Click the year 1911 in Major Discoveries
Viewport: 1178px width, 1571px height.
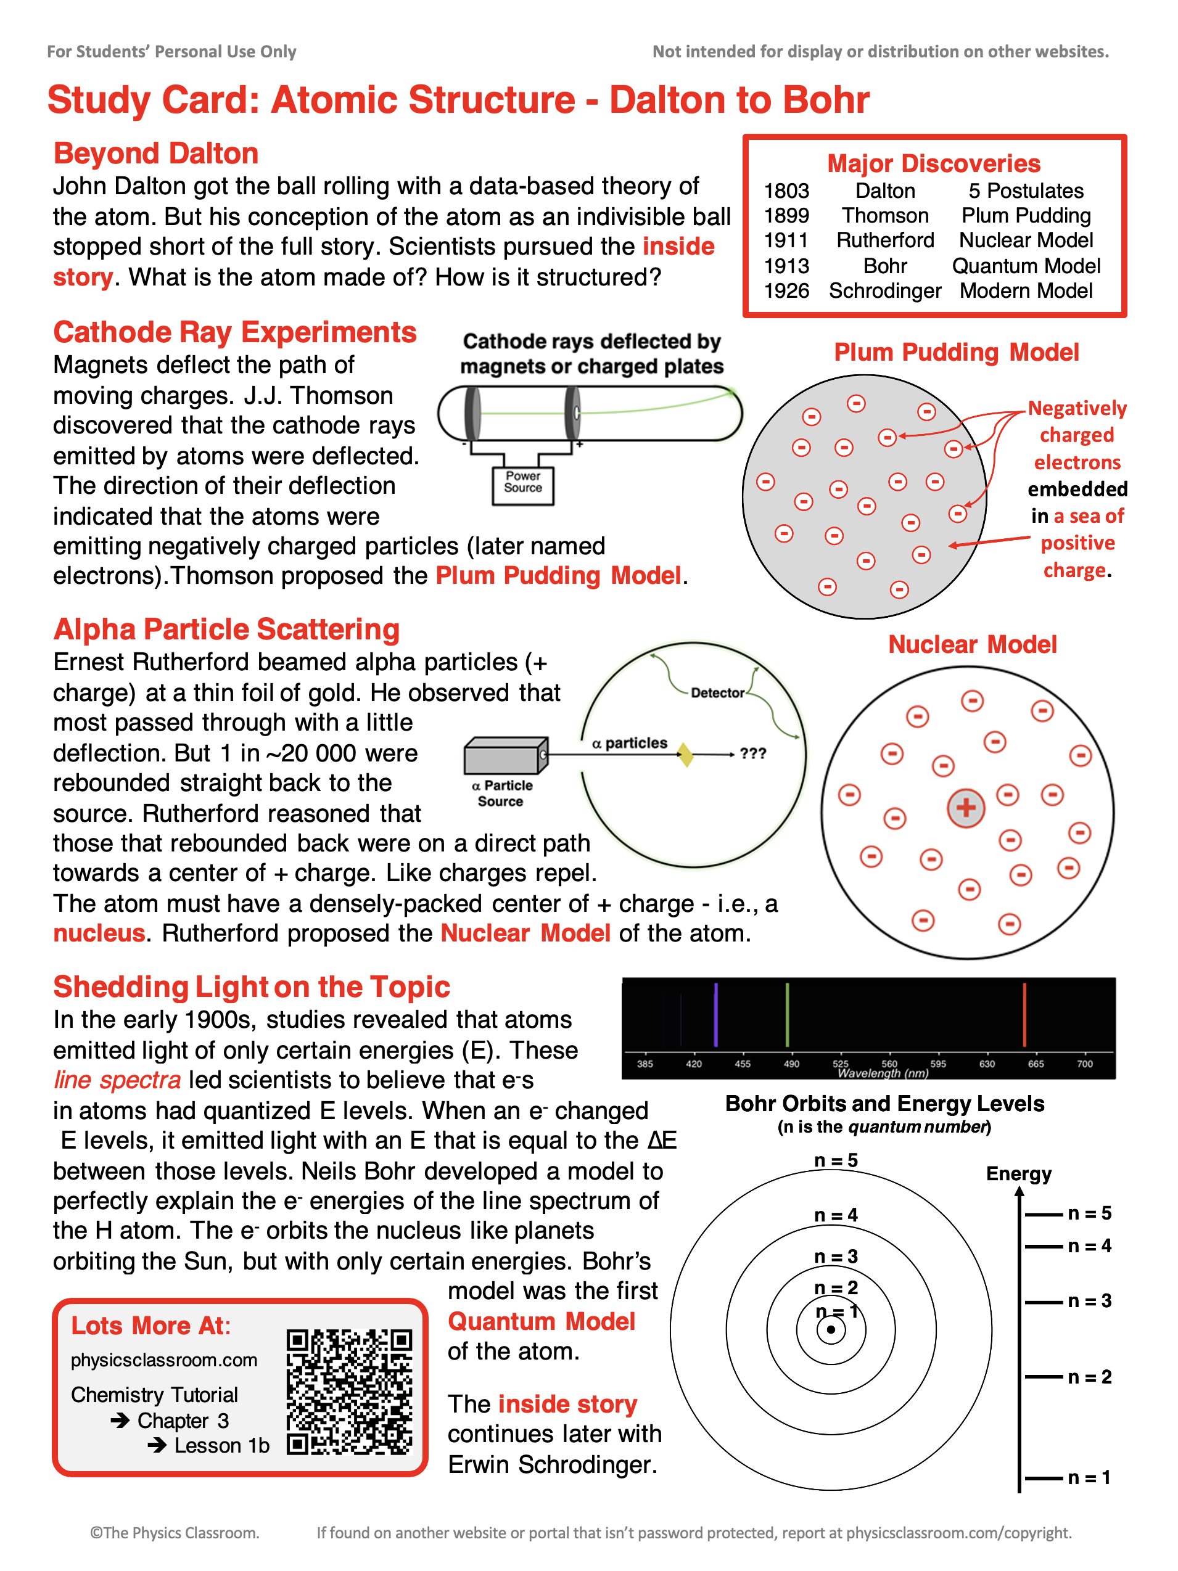tap(786, 240)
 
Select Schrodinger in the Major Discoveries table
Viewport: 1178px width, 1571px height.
tap(884, 291)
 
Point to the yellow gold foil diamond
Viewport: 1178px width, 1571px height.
tap(685, 754)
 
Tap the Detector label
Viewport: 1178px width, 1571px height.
tap(717, 693)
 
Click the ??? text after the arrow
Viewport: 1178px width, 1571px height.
tap(752, 753)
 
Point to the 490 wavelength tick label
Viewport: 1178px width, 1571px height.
tap(791, 1064)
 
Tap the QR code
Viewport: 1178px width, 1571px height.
tap(349, 1392)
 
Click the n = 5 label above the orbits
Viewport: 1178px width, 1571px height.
tap(836, 1160)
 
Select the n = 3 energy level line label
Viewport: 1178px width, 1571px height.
tap(1089, 1301)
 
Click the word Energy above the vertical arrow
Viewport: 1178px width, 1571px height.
tap(1018, 1174)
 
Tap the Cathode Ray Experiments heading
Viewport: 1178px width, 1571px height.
tap(234, 332)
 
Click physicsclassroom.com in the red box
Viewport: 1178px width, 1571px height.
tap(163, 1360)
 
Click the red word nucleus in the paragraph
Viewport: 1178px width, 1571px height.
tap(99, 933)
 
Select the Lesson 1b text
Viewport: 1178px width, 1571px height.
tap(221, 1446)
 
